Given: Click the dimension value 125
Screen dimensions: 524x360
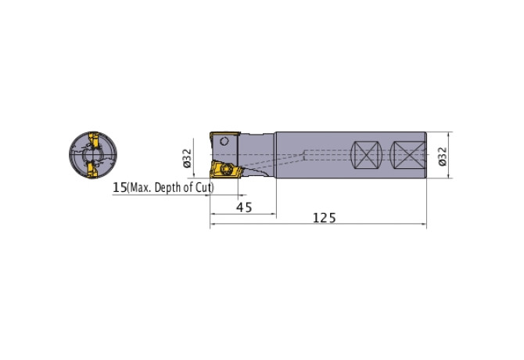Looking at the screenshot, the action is (324, 218).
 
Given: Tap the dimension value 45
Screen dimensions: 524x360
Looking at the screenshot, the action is (244, 207).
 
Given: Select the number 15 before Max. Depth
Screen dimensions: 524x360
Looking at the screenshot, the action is (120, 188).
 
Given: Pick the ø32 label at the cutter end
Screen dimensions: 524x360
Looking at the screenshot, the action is (187, 158).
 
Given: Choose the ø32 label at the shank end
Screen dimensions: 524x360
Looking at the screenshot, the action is (443, 157).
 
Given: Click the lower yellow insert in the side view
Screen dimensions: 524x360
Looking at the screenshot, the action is (226, 170).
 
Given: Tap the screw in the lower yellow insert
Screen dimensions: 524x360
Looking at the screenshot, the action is (226, 169).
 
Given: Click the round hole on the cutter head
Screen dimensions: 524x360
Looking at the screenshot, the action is (224, 141).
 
